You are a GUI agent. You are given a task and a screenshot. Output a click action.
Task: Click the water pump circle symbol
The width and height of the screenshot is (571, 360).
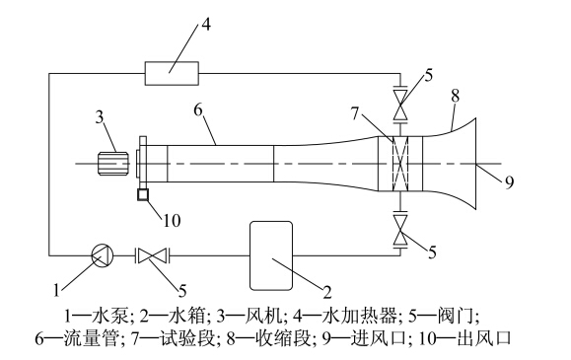(102, 255)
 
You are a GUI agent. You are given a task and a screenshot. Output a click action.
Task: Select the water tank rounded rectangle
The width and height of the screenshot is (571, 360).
(271, 255)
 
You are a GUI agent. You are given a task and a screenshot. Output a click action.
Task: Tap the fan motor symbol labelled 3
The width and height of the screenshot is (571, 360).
(112, 164)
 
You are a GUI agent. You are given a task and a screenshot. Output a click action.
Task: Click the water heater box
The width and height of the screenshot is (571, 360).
(172, 73)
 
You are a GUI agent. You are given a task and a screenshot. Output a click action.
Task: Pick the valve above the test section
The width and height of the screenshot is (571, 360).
(400, 104)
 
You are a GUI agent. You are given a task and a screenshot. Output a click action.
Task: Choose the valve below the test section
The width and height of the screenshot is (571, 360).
(400, 230)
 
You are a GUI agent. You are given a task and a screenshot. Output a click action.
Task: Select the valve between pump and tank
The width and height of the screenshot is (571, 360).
(153, 255)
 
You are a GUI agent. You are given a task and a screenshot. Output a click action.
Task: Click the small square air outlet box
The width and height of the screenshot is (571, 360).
(143, 195)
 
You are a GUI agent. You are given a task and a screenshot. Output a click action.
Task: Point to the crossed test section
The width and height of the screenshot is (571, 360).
(400, 164)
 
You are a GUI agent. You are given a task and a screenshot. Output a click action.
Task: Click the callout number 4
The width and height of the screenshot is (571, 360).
(206, 25)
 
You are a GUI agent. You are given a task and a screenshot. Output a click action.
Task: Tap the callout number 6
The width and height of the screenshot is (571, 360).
(198, 109)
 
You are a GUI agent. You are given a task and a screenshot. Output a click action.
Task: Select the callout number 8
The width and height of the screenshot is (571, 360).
(456, 97)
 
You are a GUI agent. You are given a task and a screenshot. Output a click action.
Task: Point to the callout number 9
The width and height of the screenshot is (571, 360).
(509, 181)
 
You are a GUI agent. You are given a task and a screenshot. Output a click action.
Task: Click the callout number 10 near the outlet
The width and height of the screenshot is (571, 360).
(172, 220)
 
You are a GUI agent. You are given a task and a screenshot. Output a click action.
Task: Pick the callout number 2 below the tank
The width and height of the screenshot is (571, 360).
(327, 292)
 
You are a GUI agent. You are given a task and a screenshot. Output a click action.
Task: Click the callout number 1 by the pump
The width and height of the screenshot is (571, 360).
(56, 290)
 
